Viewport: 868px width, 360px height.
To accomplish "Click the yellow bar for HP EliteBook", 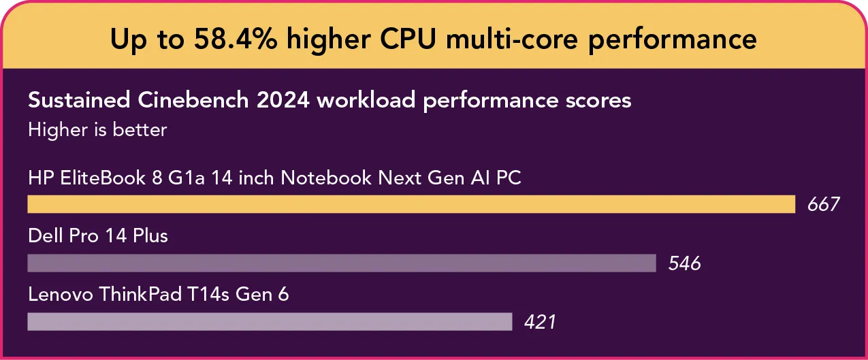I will pyautogui.click(x=411, y=204).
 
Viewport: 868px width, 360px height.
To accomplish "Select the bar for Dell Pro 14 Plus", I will pyautogui.click(x=341, y=263).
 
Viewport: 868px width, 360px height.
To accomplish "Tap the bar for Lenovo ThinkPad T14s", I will pyautogui.click(x=270, y=321).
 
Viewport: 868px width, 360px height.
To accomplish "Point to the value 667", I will pyautogui.click(x=824, y=205).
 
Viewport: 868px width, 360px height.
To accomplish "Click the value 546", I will pyautogui.click(x=684, y=263).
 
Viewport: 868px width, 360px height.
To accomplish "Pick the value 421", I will pyautogui.click(x=540, y=322).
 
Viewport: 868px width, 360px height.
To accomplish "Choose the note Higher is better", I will pyautogui.click(x=97, y=129).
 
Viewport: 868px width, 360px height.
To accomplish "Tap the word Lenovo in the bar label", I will pyautogui.click(x=61, y=295).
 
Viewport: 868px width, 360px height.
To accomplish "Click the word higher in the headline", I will pyautogui.click(x=325, y=39).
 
